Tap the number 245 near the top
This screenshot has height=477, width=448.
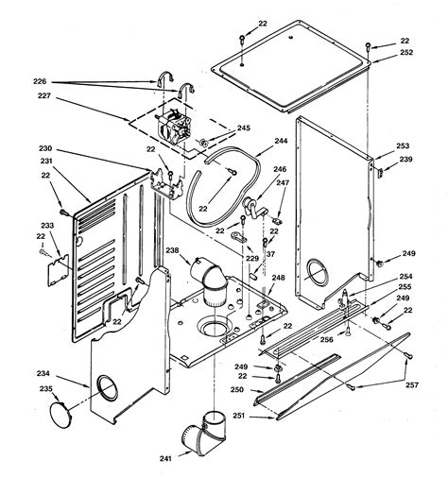point(243,128)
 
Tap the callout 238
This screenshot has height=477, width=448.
point(172,250)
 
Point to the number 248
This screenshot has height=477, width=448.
point(278,277)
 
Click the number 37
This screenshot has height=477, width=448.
point(270,253)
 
